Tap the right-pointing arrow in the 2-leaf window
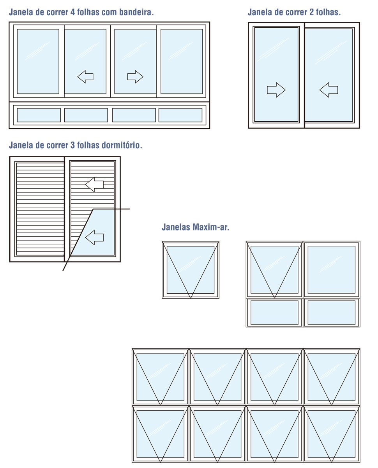276,90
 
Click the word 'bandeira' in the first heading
134,12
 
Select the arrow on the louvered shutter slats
94,184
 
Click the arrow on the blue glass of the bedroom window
94,237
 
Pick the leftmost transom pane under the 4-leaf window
39,115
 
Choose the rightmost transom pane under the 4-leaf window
180,115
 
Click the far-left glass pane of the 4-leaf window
38,61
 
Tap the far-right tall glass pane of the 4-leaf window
181,61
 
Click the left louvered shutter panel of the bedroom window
39,209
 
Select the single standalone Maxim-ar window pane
191,269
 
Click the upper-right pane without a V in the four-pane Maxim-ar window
332,269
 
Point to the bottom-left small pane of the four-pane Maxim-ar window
274,312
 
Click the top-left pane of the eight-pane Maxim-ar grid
160,377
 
